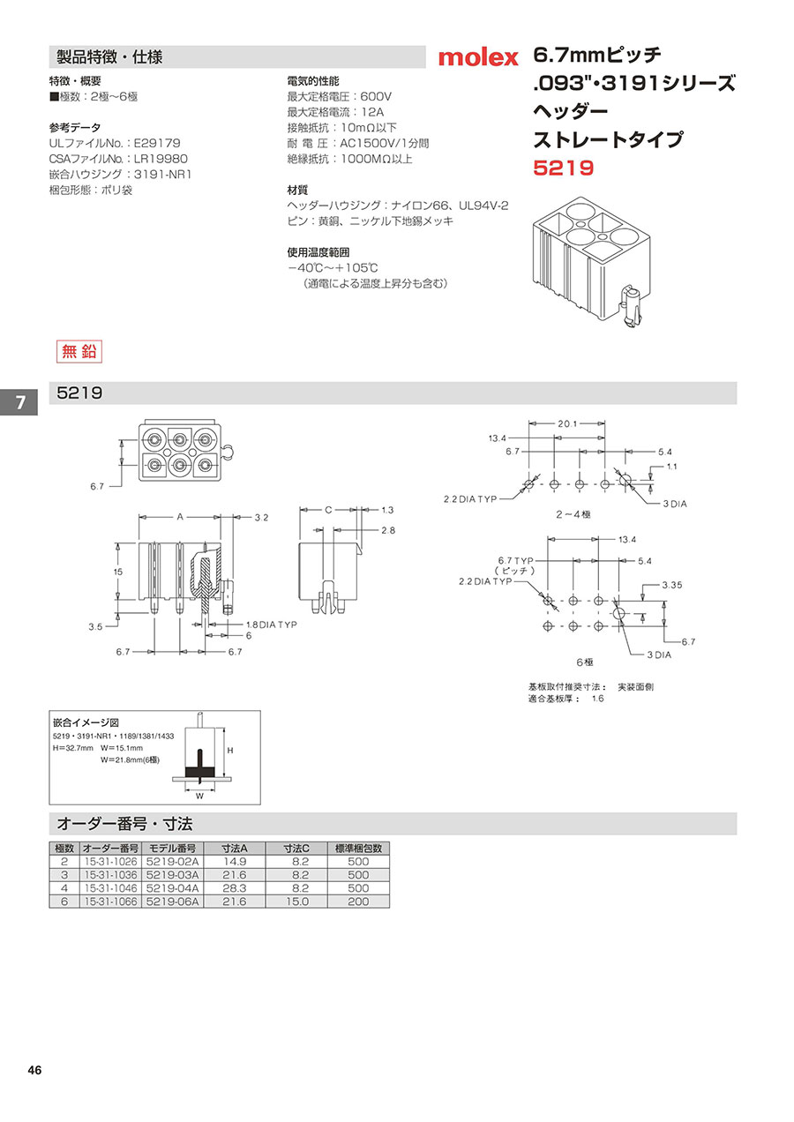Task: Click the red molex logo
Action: click(x=478, y=58)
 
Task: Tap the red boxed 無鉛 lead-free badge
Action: click(x=79, y=351)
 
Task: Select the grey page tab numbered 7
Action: click(x=19, y=402)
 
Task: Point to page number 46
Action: click(x=34, y=1071)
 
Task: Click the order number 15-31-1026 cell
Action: click(x=109, y=861)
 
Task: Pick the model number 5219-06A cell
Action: click(x=174, y=901)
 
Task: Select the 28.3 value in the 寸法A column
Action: click(x=234, y=888)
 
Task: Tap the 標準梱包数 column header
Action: click(x=357, y=848)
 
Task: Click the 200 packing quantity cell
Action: click(x=357, y=901)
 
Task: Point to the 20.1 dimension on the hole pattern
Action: click(x=567, y=424)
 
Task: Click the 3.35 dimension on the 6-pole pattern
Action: click(x=672, y=585)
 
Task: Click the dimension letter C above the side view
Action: click(x=328, y=510)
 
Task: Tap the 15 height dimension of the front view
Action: click(x=117, y=572)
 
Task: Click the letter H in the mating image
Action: click(x=230, y=749)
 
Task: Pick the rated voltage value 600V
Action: click(x=376, y=96)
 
